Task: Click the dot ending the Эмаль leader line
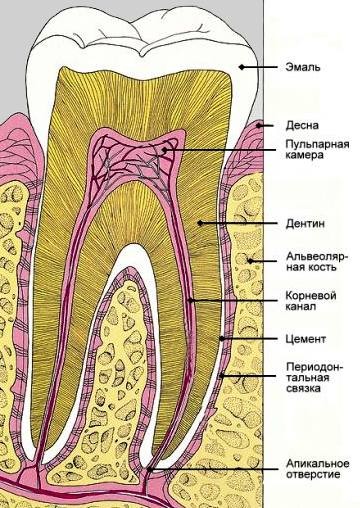240,68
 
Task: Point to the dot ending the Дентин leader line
200,221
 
